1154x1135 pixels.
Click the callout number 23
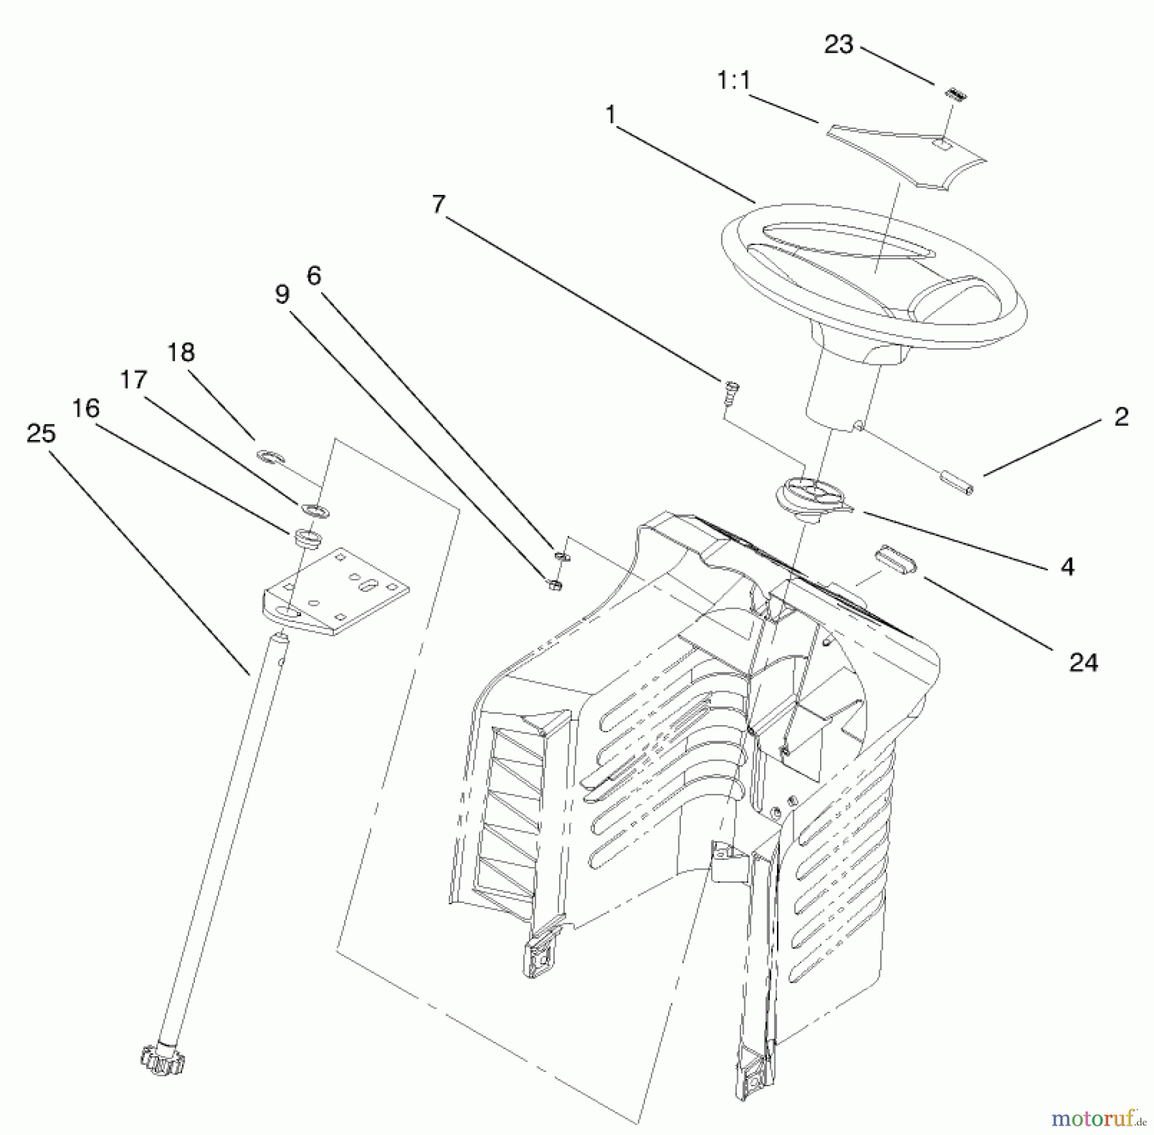point(839,45)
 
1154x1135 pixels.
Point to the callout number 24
point(1083,662)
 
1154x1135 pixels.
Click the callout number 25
point(41,434)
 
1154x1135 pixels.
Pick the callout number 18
point(181,353)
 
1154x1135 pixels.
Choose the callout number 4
point(1067,566)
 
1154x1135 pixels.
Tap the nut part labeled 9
point(555,584)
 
